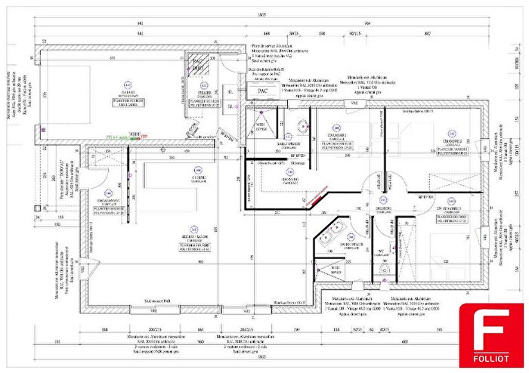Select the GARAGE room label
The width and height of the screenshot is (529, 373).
128,94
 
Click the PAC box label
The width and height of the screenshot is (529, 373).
263,91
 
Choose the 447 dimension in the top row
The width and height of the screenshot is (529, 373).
428,34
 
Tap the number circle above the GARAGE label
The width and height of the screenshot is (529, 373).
128,85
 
